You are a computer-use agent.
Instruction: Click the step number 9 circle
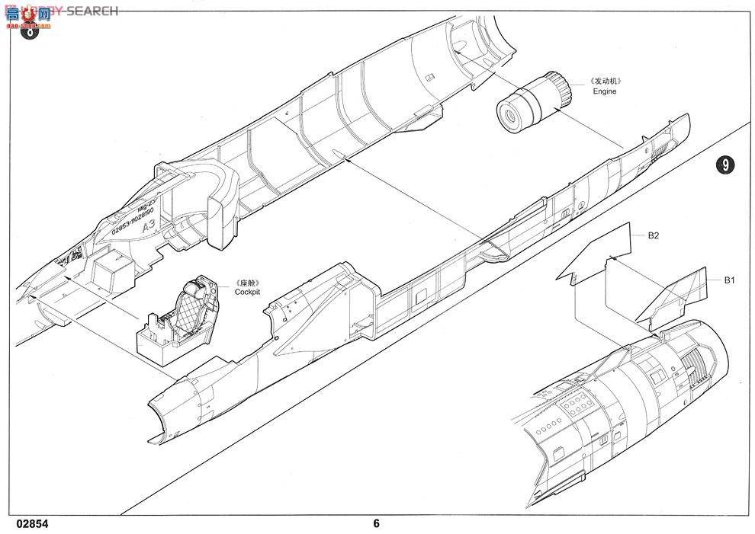pos(726,166)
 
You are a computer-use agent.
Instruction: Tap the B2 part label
pos(653,236)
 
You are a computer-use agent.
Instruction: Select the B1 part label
pos(729,280)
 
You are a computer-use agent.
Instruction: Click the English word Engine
pos(605,91)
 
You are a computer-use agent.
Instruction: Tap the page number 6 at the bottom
pos(376,523)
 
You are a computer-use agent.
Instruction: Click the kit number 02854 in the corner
pos(30,523)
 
